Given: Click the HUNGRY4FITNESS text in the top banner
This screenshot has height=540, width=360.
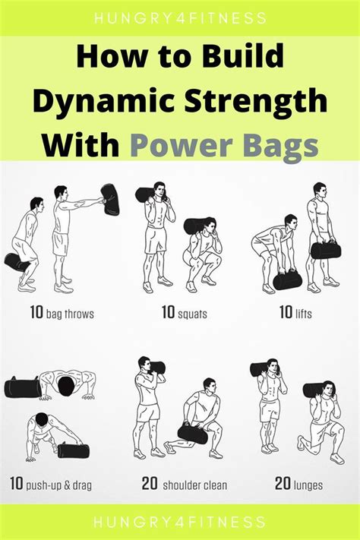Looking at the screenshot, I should pos(180,16).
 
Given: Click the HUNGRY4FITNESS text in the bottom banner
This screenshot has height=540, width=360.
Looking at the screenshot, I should pos(180,523).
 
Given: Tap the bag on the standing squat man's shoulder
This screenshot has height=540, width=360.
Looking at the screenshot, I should pos(147,194).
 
